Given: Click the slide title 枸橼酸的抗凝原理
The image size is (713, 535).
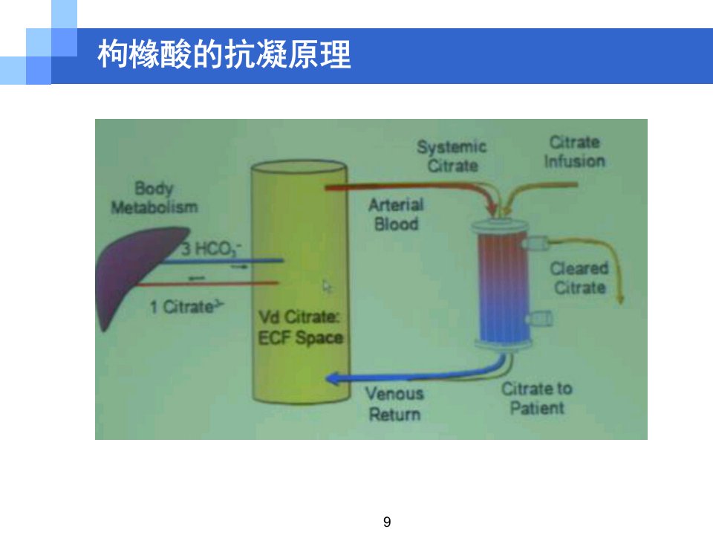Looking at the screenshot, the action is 224,54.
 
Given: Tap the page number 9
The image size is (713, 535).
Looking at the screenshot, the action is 387,522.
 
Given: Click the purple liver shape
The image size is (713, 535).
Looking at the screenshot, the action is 137,273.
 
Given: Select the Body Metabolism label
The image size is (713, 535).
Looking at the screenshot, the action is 154,198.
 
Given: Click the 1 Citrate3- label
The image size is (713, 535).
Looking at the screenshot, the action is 187,307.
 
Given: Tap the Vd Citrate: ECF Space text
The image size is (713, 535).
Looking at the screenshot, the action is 301,328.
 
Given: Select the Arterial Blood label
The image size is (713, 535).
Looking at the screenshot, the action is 396,214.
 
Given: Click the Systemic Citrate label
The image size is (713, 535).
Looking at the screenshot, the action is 452,156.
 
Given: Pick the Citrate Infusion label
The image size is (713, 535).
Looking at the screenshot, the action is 575,152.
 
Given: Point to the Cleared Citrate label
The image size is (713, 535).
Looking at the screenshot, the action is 579,278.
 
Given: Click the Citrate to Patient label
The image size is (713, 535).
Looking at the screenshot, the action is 537,398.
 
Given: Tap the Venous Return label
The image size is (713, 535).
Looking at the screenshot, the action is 394,404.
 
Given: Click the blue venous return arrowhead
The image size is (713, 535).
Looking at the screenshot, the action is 333,378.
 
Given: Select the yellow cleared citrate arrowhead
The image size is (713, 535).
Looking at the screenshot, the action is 619,299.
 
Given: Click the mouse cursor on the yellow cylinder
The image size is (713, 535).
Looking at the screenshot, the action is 327,287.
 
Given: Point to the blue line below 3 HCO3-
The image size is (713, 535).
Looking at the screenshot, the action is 223,261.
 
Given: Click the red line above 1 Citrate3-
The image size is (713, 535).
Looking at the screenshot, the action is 207,283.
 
